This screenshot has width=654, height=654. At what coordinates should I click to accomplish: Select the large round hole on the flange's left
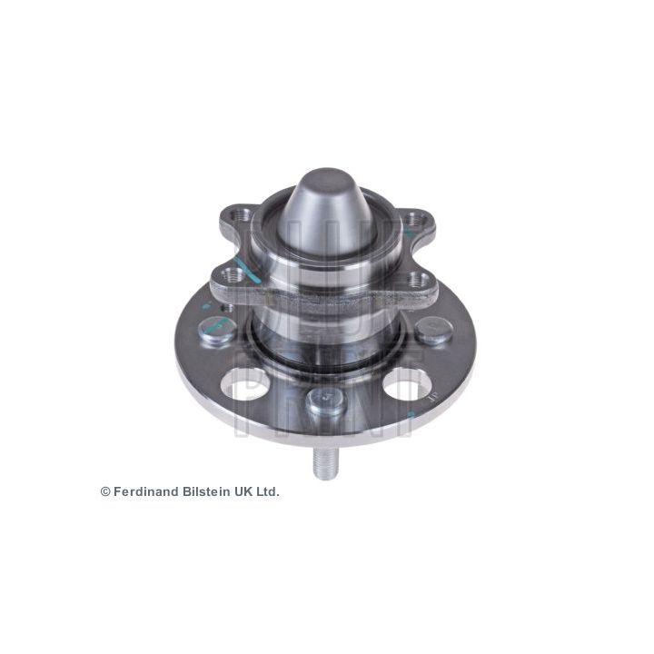pyautogui.click(x=246, y=384)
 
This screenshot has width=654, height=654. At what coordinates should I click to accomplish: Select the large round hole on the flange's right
pyautogui.click(x=406, y=383)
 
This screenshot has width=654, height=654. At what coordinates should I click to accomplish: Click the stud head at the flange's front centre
pyautogui.click(x=326, y=401)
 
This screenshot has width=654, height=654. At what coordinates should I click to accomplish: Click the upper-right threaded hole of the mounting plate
pyautogui.click(x=413, y=218)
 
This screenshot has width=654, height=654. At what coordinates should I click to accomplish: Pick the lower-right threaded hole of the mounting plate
pyautogui.click(x=419, y=279)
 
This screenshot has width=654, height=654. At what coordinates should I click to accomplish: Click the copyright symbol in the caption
pyautogui.click(x=105, y=491)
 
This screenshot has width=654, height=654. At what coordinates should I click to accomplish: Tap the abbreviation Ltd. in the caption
pyautogui.click(x=267, y=491)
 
